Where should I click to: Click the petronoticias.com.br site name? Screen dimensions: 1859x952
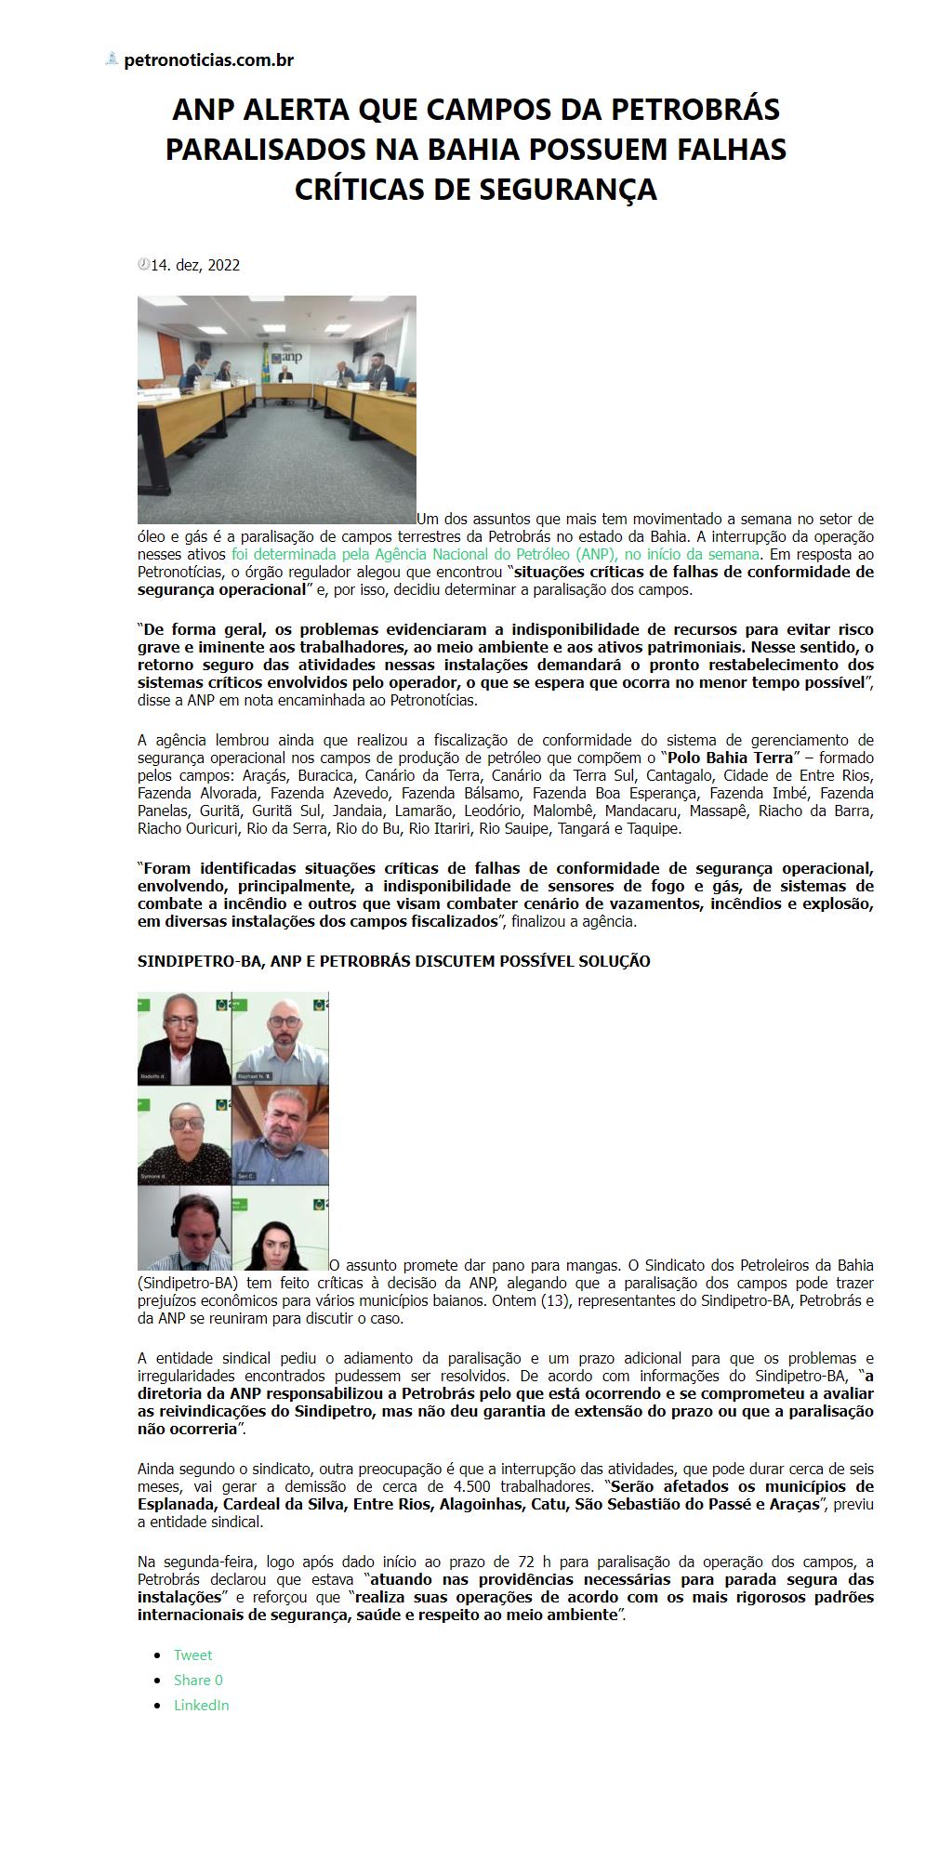(x=209, y=60)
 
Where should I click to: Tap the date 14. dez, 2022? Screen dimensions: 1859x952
(x=195, y=265)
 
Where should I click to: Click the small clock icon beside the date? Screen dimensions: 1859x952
(x=143, y=264)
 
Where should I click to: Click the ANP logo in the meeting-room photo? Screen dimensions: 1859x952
(x=292, y=357)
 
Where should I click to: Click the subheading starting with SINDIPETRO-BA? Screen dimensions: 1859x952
(x=393, y=961)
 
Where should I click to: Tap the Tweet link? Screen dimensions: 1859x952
(x=192, y=1655)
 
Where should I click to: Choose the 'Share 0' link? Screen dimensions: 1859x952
(x=198, y=1680)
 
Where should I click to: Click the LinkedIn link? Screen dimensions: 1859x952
(x=201, y=1705)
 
